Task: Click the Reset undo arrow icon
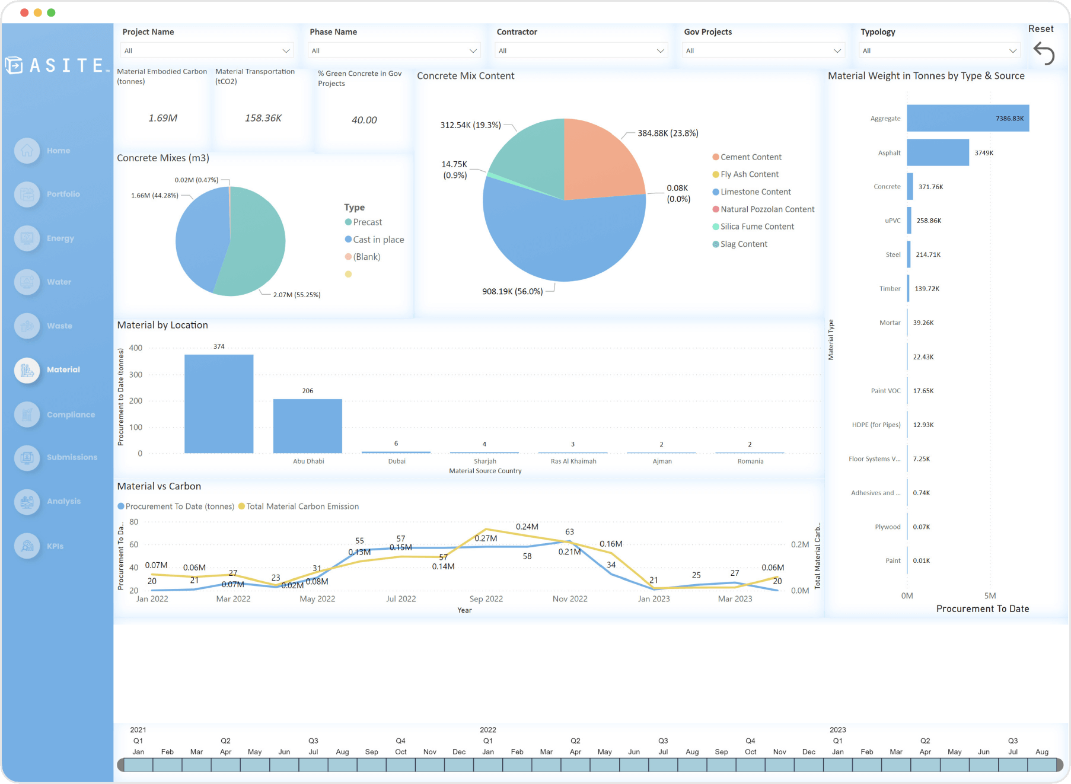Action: tap(1044, 53)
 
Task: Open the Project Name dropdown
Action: tap(206, 50)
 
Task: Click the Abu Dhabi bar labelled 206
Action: tap(307, 426)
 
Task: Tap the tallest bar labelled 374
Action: tap(219, 403)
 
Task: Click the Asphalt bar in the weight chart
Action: tap(938, 152)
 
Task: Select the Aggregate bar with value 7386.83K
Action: tap(967, 118)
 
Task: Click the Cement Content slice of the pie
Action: tap(599, 160)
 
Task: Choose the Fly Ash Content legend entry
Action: tap(749, 174)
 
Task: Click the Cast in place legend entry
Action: tap(378, 240)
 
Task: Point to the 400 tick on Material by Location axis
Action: tap(136, 348)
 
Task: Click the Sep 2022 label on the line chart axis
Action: tap(486, 599)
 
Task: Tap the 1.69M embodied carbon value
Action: tap(162, 118)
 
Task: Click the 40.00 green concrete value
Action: tap(364, 120)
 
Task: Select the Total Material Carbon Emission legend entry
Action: tap(302, 506)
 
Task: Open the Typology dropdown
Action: tap(939, 50)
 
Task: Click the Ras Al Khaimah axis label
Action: tap(573, 461)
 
